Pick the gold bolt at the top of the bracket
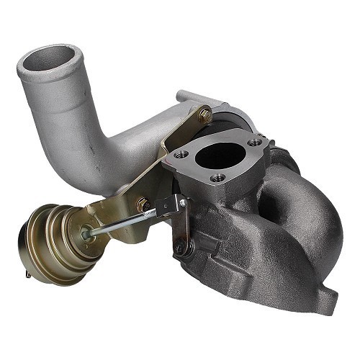205,114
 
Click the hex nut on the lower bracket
144,205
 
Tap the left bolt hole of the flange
181,154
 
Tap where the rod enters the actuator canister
87,233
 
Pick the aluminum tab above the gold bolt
191,98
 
